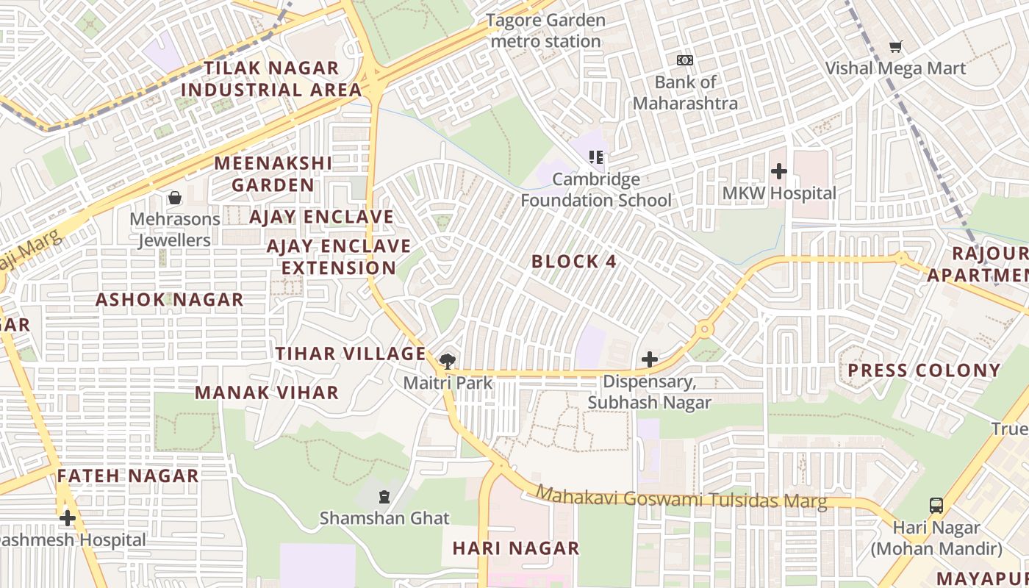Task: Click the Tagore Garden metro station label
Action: pyautogui.click(x=545, y=31)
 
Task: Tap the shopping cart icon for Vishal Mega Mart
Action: pyautogui.click(x=895, y=47)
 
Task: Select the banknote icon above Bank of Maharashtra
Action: pyautogui.click(x=684, y=60)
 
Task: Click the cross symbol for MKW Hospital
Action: pyautogui.click(x=779, y=172)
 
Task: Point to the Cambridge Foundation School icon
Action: pyautogui.click(x=596, y=157)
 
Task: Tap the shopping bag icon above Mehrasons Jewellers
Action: pyautogui.click(x=175, y=198)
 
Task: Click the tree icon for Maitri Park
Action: pyautogui.click(x=447, y=361)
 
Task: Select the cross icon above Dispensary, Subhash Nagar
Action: pyautogui.click(x=649, y=359)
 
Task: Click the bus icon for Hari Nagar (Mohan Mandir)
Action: pyautogui.click(x=936, y=506)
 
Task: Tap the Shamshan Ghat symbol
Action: pyautogui.click(x=384, y=498)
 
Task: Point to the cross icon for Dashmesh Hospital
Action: pyautogui.click(x=68, y=519)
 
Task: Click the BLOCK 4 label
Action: pyautogui.click(x=573, y=262)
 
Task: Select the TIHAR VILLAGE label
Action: pyautogui.click(x=351, y=354)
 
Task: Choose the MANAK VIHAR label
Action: pyautogui.click(x=267, y=392)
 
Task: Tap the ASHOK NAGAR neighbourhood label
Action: pyautogui.click(x=169, y=300)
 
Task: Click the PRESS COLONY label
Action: pyautogui.click(x=925, y=370)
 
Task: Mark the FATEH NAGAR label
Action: pyautogui.click(x=128, y=476)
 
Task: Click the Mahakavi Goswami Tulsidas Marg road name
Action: pyautogui.click(x=681, y=498)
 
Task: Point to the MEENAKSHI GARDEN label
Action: pyautogui.click(x=273, y=173)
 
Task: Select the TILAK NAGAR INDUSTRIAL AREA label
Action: pyautogui.click(x=271, y=79)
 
